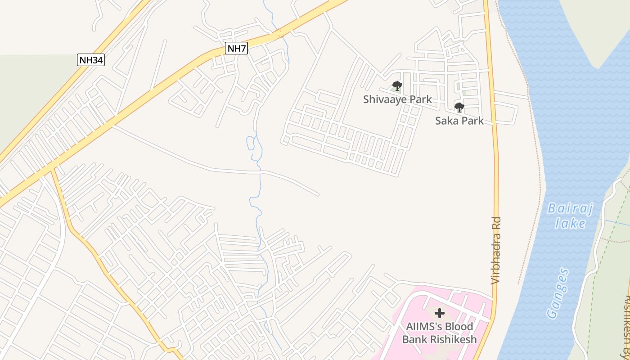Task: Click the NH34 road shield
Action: pyautogui.click(x=91, y=60)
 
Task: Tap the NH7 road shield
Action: pyautogui.click(x=236, y=48)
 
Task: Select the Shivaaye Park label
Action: pyautogui.click(x=397, y=99)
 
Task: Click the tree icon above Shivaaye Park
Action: pyautogui.click(x=396, y=85)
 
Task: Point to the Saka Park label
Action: pyautogui.click(x=459, y=121)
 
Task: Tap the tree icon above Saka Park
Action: pyautogui.click(x=459, y=107)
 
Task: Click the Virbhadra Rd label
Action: pyautogui.click(x=495, y=251)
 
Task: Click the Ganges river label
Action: pyautogui.click(x=558, y=293)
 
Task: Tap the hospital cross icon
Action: pyautogui.click(x=439, y=313)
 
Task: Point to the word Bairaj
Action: pyautogui.click(x=570, y=209)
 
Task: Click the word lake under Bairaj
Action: pyautogui.click(x=570, y=223)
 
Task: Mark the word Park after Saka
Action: pyautogui.click(x=473, y=121)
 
